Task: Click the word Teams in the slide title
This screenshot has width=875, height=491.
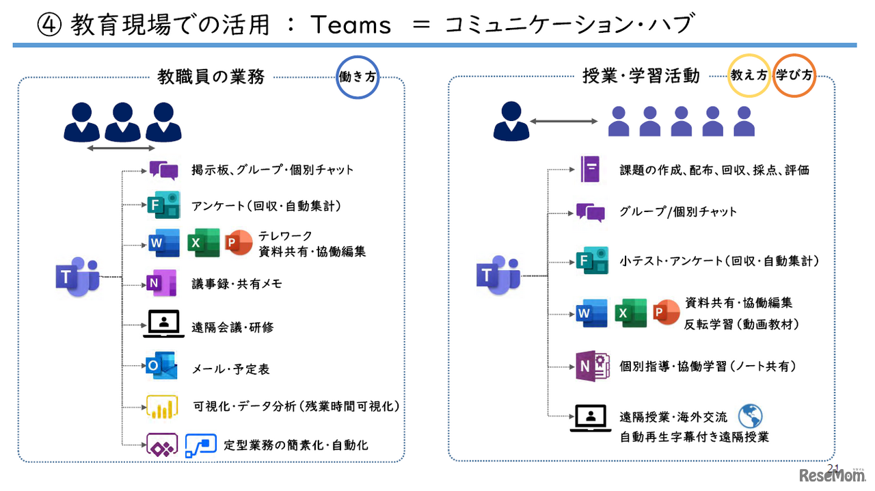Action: pyautogui.click(x=351, y=25)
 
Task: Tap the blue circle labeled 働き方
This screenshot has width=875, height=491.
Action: pyautogui.click(x=358, y=77)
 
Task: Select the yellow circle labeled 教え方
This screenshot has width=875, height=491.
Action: pyautogui.click(x=749, y=75)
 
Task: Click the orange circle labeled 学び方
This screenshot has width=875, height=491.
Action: pyautogui.click(x=794, y=75)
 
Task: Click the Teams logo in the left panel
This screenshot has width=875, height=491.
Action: pyautogui.click(x=77, y=276)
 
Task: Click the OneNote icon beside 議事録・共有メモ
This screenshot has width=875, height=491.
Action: pyautogui.click(x=162, y=283)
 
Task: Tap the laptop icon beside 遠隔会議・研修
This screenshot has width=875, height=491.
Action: pyautogui.click(x=163, y=324)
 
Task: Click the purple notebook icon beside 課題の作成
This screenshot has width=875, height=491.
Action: pyautogui.click(x=590, y=169)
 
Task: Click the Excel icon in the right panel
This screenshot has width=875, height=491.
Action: pyautogui.click(x=630, y=314)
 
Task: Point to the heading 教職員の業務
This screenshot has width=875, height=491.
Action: pyautogui.click(x=211, y=77)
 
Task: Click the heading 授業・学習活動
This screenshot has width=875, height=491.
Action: pyautogui.click(x=641, y=75)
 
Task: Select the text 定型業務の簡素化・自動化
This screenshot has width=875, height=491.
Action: pyautogui.click(x=296, y=445)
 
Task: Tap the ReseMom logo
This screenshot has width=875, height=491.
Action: pyautogui.click(x=829, y=476)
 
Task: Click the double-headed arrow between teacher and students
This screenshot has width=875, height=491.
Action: pyautogui.click(x=564, y=121)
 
